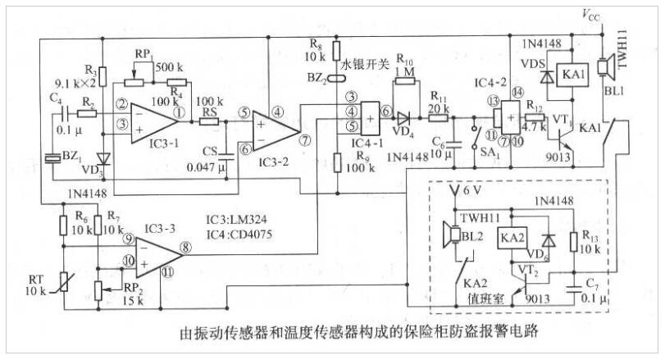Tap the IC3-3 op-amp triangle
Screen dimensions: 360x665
click(156, 254)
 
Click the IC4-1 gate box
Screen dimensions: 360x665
click(370, 117)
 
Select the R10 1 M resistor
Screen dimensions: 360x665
click(404, 82)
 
